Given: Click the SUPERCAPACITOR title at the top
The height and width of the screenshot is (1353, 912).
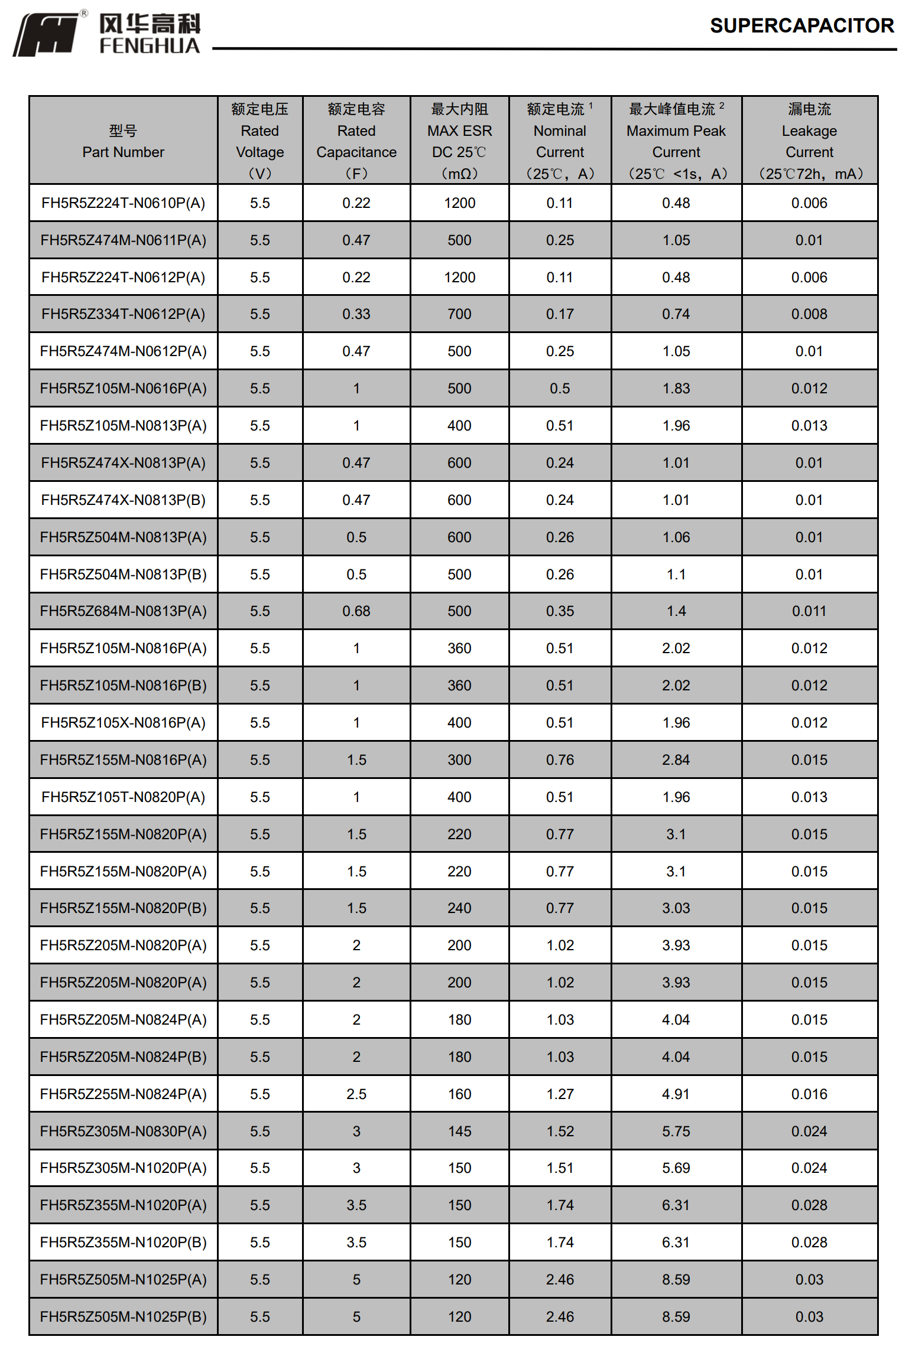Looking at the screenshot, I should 801,26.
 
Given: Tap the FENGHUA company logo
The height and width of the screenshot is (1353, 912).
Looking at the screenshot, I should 107,34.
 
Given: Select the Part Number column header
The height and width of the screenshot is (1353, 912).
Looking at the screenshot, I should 123,141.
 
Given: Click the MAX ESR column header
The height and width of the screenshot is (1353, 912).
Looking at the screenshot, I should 459,141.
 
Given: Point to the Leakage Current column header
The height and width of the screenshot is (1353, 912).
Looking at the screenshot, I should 809,141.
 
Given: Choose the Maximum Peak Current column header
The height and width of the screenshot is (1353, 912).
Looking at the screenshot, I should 676,141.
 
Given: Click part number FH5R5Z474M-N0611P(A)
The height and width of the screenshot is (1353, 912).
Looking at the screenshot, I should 123,240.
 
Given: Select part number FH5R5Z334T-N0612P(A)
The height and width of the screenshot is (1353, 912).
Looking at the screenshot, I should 123,314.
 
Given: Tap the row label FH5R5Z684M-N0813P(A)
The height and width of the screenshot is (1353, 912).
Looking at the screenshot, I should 123,611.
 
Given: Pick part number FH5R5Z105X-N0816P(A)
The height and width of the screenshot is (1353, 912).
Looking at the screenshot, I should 123,723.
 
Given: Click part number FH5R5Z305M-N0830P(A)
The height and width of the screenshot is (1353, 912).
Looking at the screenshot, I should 123,1132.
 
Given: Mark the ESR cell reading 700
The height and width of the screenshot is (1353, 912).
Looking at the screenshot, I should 459,314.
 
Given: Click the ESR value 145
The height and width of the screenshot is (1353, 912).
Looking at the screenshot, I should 459,1132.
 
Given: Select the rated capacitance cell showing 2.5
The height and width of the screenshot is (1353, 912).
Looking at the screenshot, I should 356,1094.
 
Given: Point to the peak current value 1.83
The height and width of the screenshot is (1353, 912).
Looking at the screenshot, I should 676,389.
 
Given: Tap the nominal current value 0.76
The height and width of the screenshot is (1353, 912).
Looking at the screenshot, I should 560,760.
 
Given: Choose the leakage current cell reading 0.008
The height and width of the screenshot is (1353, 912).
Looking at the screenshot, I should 809,314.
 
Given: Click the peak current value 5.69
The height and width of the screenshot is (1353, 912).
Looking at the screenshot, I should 676,1168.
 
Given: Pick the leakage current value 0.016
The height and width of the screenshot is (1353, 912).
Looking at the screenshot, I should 809,1094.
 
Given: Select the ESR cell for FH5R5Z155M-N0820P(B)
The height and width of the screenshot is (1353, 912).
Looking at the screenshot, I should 459,908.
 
